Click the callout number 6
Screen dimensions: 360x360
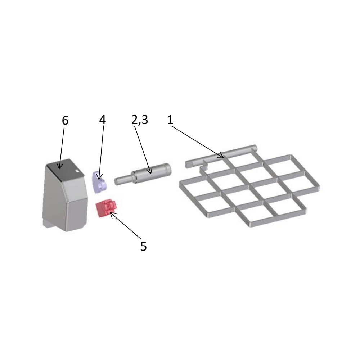tap(65, 120)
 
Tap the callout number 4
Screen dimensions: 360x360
tap(102, 120)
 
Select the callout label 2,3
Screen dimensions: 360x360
tap(140, 120)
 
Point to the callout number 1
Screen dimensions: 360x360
tap(170, 120)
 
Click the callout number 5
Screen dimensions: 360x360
tap(144, 246)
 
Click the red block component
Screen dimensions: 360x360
tap(106, 208)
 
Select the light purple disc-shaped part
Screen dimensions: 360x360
tap(99, 182)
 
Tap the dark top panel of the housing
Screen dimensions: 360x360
tap(64, 169)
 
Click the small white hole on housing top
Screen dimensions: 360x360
tap(77, 171)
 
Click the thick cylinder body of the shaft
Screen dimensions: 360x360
tap(152, 172)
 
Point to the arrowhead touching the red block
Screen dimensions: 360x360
tap(112, 215)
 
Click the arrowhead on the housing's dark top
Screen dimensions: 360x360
tap(59, 167)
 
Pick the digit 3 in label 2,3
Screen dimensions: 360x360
tap(145, 120)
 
